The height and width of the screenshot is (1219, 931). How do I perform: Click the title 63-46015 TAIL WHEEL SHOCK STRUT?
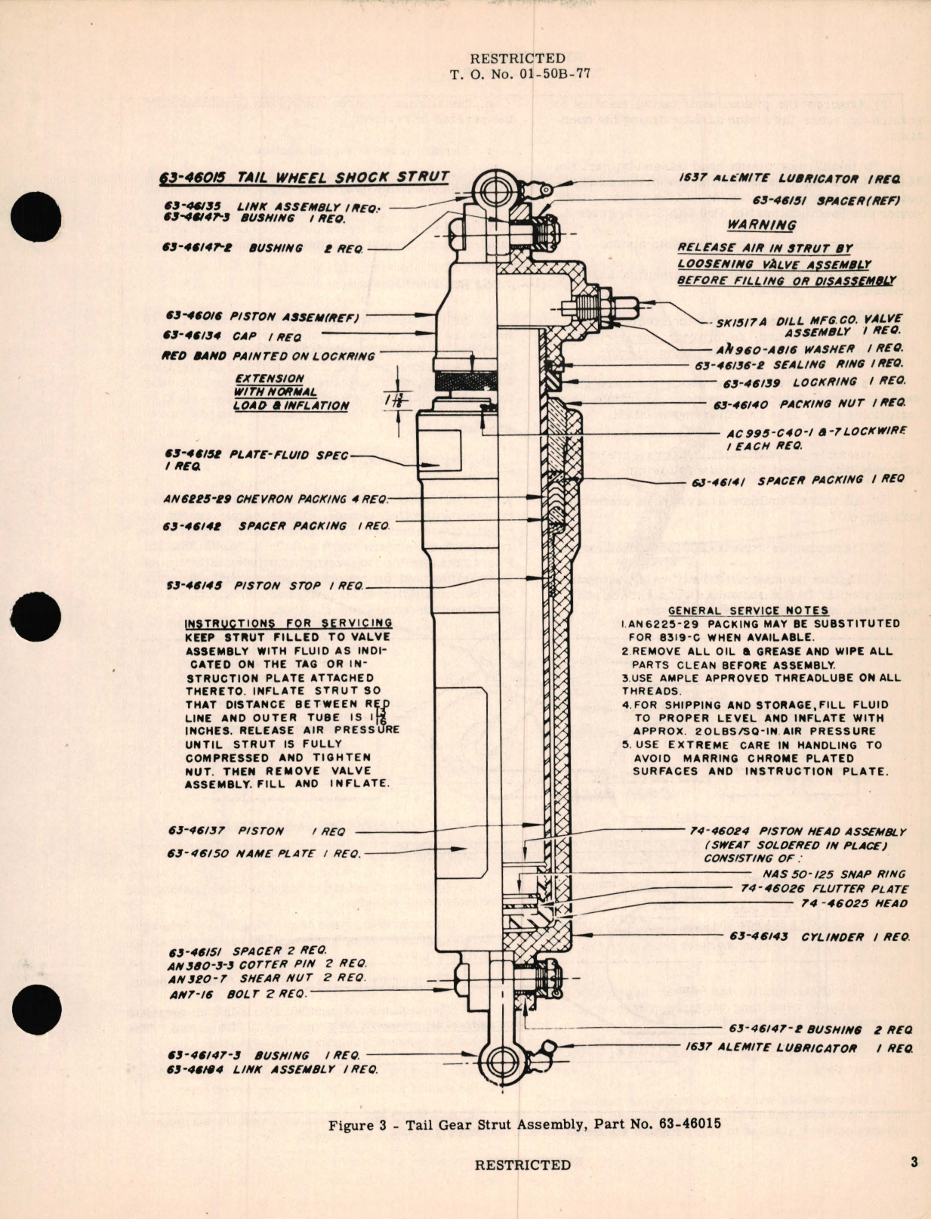point(304,178)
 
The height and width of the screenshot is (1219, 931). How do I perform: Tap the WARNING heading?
point(761,224)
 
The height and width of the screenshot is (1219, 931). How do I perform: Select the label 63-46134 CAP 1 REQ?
point(233,336)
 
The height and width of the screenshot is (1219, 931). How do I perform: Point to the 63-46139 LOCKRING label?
point(813,382)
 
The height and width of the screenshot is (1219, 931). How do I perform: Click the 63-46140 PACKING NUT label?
point(809,404)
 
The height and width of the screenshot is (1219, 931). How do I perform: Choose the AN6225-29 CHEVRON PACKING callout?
point(275,499)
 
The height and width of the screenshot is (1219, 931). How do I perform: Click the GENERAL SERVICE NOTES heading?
point(748,610)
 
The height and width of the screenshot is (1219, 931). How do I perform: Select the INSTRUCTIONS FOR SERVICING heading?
point(288,623)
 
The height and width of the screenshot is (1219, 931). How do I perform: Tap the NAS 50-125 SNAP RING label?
point(833,874)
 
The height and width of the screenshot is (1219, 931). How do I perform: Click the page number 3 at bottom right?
point(914,1162)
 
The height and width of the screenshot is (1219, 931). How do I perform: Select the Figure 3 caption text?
point(524,1124)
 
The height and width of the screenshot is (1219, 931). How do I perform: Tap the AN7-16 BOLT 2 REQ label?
point(238,994)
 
